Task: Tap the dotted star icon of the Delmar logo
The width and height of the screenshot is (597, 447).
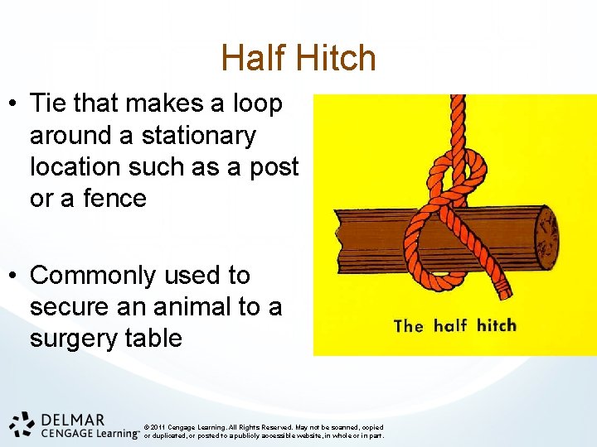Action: [x=22, y=423]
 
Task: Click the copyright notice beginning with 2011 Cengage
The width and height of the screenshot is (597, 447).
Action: [x=264, y=431]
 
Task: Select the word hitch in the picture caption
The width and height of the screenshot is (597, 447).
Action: [x=496, y=324]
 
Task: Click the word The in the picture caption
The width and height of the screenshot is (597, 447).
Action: [x=409, y=325]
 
